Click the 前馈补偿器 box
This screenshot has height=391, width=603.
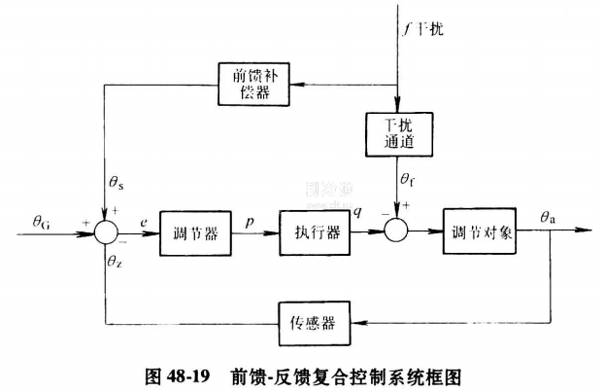[254, 83]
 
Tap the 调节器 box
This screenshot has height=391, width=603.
[195, 232]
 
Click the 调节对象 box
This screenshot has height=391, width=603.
[483, 232]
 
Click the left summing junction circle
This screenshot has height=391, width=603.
[105, 232]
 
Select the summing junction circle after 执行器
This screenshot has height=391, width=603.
[398, 232]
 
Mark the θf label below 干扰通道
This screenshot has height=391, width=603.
[408, 181]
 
